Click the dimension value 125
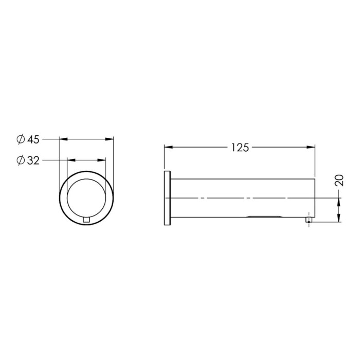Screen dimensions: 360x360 tap(240, 148)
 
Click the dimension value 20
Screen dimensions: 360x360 tap(339, 180)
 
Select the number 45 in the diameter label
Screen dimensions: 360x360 tap(33, 139)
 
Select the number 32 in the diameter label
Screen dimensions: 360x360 tap(33, 160)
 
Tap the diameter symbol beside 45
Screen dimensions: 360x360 tap(21, 139)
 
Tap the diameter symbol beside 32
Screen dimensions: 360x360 tap(21, 160)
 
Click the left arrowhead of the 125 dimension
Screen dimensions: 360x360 tap(168, 147)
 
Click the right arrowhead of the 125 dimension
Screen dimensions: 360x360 tap(311, 147)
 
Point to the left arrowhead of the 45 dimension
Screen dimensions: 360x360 tap(64, 139)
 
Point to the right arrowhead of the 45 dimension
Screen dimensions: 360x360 tap(109, 139)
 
